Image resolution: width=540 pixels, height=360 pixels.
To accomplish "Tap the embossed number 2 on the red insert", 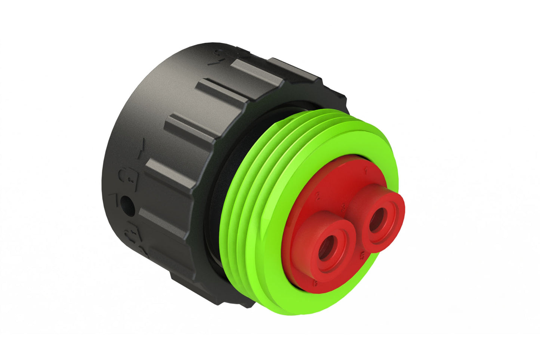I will (318, 196).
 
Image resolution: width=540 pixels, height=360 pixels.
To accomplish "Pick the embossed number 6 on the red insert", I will (315, 283).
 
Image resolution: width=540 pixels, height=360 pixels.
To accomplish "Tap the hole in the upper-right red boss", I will (378, 218).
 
